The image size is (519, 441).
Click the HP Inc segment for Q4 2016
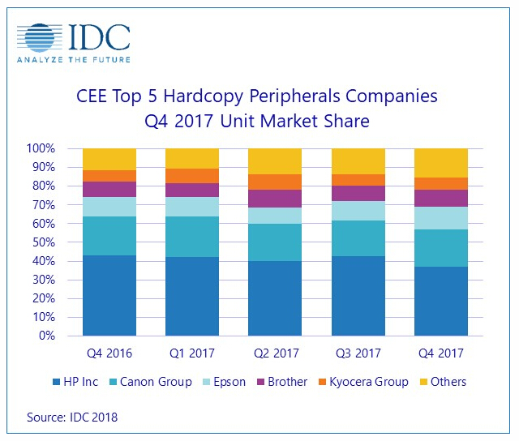pos(109,295)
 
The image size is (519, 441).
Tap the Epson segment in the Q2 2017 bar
pos(275,216)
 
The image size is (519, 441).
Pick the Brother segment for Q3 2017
pos(358,192)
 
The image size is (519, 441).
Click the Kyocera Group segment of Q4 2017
pos(440,183)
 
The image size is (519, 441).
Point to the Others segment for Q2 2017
pos(275,161)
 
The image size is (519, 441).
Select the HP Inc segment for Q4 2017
pos(440,301)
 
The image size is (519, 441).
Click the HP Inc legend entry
pos(79,381)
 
